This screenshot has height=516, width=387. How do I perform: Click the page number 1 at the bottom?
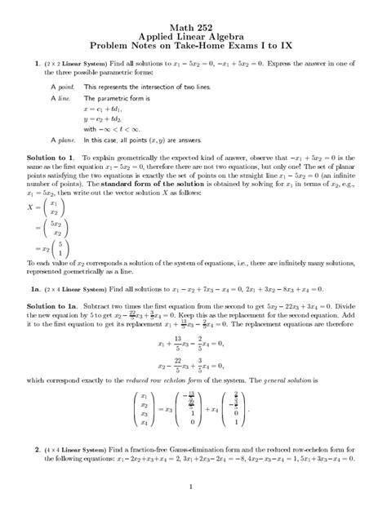pos(189,488)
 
